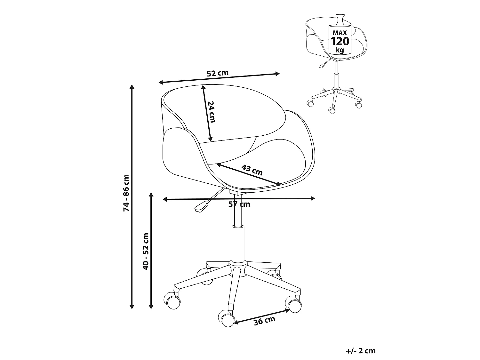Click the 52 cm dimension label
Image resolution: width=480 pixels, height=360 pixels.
tap(218, 73)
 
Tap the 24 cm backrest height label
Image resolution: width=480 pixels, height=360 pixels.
tap(212, 112)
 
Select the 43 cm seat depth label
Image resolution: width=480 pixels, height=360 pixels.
tap(252, 170)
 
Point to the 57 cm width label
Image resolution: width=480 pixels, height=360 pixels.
tap(239, 204)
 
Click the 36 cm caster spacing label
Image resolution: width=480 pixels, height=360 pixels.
tap(264, 321)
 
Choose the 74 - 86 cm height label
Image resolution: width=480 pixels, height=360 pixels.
tap(126, 193)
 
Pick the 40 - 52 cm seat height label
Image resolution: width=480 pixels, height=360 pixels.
tap(146, 252)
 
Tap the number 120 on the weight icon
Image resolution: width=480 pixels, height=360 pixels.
tap(340, 41)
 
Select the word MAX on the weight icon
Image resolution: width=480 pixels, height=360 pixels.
tap(340, 33)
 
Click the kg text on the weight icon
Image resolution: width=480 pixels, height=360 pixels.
tap(340, 50)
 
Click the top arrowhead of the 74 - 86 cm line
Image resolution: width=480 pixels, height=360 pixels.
tap(132, 86)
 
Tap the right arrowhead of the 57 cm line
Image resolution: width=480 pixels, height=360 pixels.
tap(313, 198)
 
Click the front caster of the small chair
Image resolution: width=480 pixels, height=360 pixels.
tap(332, 110)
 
